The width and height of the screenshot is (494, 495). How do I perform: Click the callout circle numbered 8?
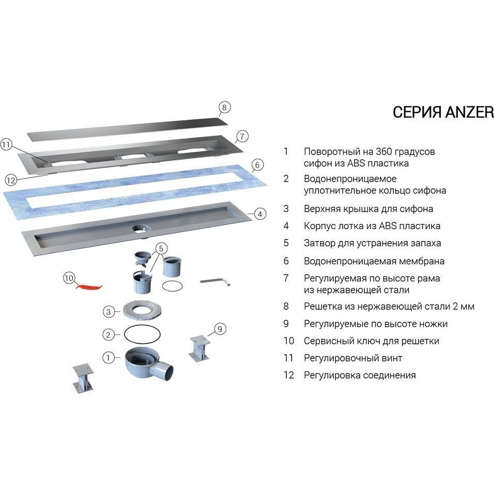pyautogui.click(x=224, y=108)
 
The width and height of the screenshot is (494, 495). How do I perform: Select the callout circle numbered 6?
pyautogui.click(x=257, y=166)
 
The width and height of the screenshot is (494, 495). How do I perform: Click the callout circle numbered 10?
pyautogui.click(x=69, y=278)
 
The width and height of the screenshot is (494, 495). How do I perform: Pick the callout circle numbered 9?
pyautogui.click(x=219, y=328)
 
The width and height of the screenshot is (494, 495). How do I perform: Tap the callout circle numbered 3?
pyautogui.click(x=108, y=311)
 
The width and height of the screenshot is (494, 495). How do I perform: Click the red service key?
pyautogui.click(x=88, y=286)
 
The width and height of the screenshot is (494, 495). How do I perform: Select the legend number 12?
pyautogui.click(x=288, y=375)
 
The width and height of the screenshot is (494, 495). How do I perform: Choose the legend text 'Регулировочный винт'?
pyautogui.click(x=353, y=358)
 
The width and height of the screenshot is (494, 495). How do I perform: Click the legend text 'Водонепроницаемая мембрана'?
pyautogui.click(x=374, y=261)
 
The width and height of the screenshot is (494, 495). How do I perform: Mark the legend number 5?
pyautogui.click(x=286, y=243)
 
